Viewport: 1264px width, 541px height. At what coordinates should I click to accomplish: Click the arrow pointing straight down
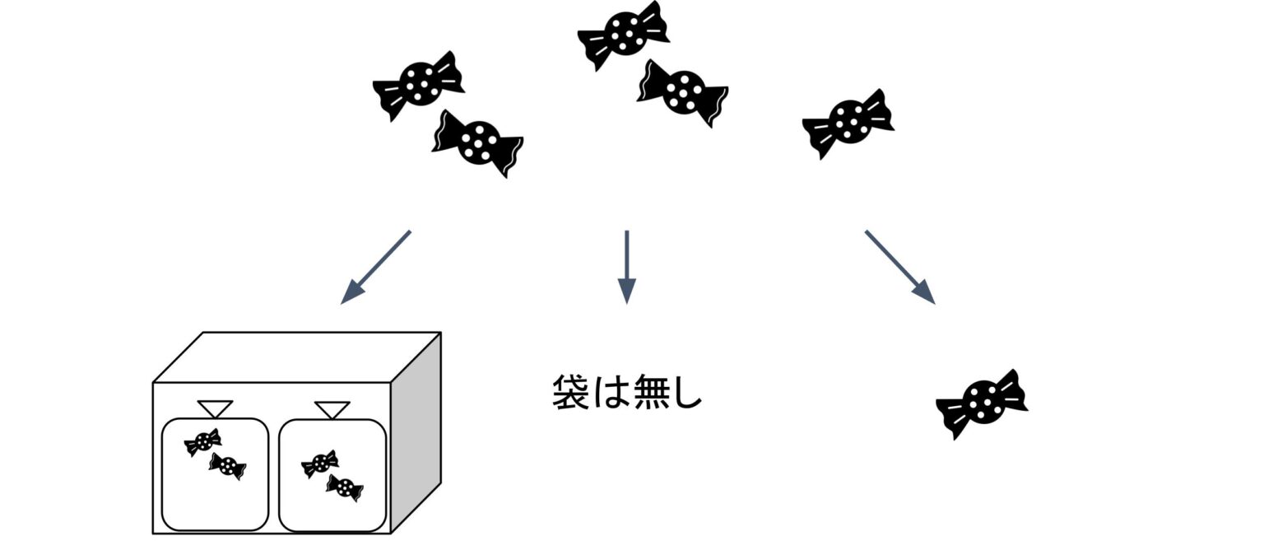[x=627, y=267]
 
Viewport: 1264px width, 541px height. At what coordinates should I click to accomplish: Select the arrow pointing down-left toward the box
[x=376, y=267]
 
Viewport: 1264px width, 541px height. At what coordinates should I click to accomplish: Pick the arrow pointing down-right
[x=900, y=267]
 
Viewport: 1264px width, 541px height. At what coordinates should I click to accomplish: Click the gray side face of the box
[x=416, y=432]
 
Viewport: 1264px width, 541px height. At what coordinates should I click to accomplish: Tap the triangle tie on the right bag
[x=332, y=410]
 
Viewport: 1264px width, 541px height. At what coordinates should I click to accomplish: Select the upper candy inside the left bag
[x=202, y=442]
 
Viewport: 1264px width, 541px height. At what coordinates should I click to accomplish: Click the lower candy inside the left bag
[x=227, y=466]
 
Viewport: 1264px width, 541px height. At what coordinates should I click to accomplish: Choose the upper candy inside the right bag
[x=320, y=464]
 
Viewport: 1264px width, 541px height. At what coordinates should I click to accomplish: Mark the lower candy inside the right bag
[x=345, y=487]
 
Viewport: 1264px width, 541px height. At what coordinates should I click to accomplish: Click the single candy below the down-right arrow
[x=982, y=404]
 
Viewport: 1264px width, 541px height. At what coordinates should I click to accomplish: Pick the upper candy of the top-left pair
[x=419, y=86]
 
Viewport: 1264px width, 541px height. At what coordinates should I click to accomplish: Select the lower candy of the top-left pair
[x=478, y=143]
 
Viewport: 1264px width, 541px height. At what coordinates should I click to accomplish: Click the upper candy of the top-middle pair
[x=624, y=35]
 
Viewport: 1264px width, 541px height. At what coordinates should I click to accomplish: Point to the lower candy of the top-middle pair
[x=683, y=93]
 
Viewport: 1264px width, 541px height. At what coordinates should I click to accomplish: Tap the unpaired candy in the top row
[x=848, y=124]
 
